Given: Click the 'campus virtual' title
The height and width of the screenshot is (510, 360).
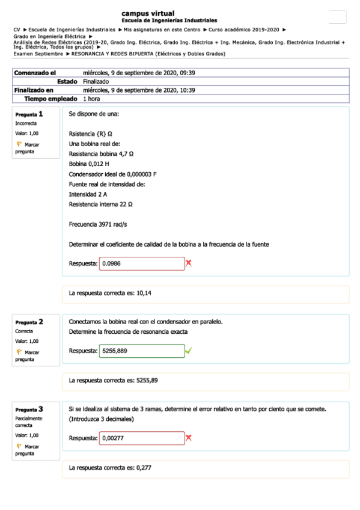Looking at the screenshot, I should click(148, 13).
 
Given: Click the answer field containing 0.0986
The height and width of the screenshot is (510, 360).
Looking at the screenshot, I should click(142, 263).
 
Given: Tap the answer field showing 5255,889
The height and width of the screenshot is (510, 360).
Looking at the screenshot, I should click(142, 351).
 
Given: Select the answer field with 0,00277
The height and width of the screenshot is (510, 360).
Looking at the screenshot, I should click(142, 438).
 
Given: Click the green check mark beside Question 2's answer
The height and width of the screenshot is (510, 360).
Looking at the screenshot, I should click(189, 351).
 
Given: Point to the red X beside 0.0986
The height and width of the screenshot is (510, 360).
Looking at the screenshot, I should click(189, 263).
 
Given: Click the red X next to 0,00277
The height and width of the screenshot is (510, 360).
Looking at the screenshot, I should click(189, 438).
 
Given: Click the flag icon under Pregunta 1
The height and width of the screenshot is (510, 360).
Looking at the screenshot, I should click(19, 144).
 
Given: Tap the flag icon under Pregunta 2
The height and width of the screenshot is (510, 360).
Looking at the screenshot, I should click(19, 352).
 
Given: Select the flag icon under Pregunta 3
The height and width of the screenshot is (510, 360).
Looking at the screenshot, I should click(19, 446).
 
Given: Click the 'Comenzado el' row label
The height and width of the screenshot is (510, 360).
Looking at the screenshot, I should click(31, 73).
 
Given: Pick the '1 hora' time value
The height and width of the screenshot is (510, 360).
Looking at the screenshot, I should click(92, 99).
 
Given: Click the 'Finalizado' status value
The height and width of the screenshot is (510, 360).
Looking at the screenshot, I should click(96, 81).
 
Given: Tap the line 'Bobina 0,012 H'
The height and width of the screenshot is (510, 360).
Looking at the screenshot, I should click(89, 164).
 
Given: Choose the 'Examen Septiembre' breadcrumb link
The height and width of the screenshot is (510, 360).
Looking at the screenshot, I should click(38, 54).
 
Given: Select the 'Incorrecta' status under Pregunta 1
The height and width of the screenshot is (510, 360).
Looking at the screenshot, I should click(26, 123).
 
